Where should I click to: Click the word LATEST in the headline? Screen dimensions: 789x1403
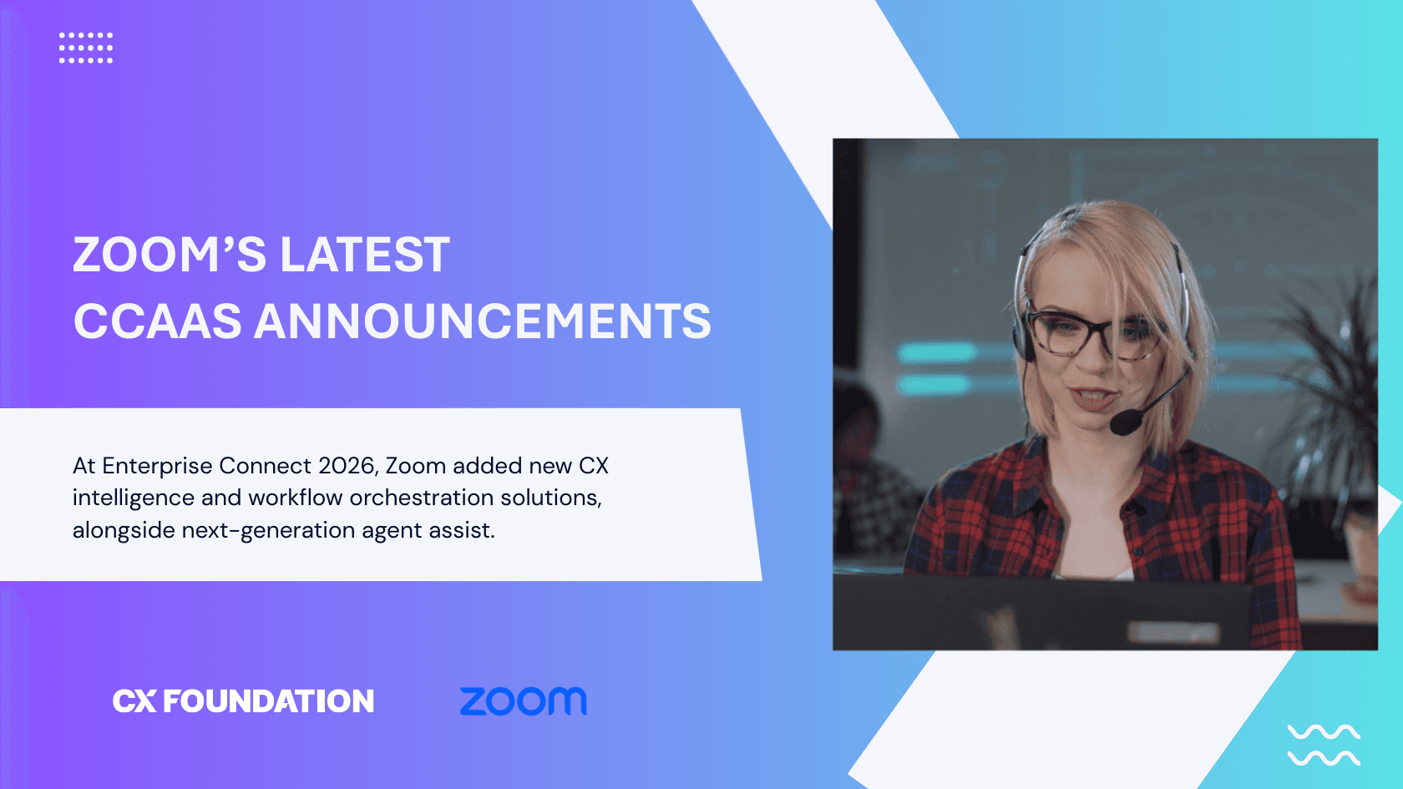pyautogui.click(x=365, y=255)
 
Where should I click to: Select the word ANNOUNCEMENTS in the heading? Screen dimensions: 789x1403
pyautogui.click(x=482, y=321)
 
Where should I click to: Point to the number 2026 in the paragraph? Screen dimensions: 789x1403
pyautogui.click(x=346, y=465)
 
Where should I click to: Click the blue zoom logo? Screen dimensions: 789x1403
pyautogui.click(x=524, y=701)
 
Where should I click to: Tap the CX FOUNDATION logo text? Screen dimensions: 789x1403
pyautogui.click(x=243, y=701)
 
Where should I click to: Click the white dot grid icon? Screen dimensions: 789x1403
pyautogui.click(x=86, y=48)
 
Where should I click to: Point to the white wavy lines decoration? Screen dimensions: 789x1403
pyautogui.click(x=1324, y=746)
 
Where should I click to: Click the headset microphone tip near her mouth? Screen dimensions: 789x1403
pyautogui.click(x=1124, y=423)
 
